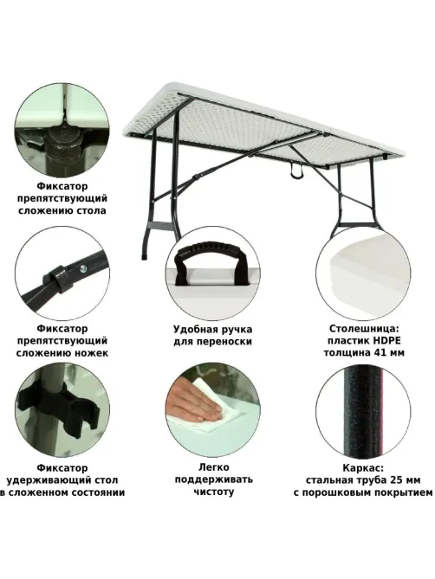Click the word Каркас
tap(363, 468)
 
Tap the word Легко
tap(213, 467)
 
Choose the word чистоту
tap(214, 492)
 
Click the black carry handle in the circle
tap(212, 261)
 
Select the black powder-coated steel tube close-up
tap(362, 412)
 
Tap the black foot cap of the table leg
tap(144, 256)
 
